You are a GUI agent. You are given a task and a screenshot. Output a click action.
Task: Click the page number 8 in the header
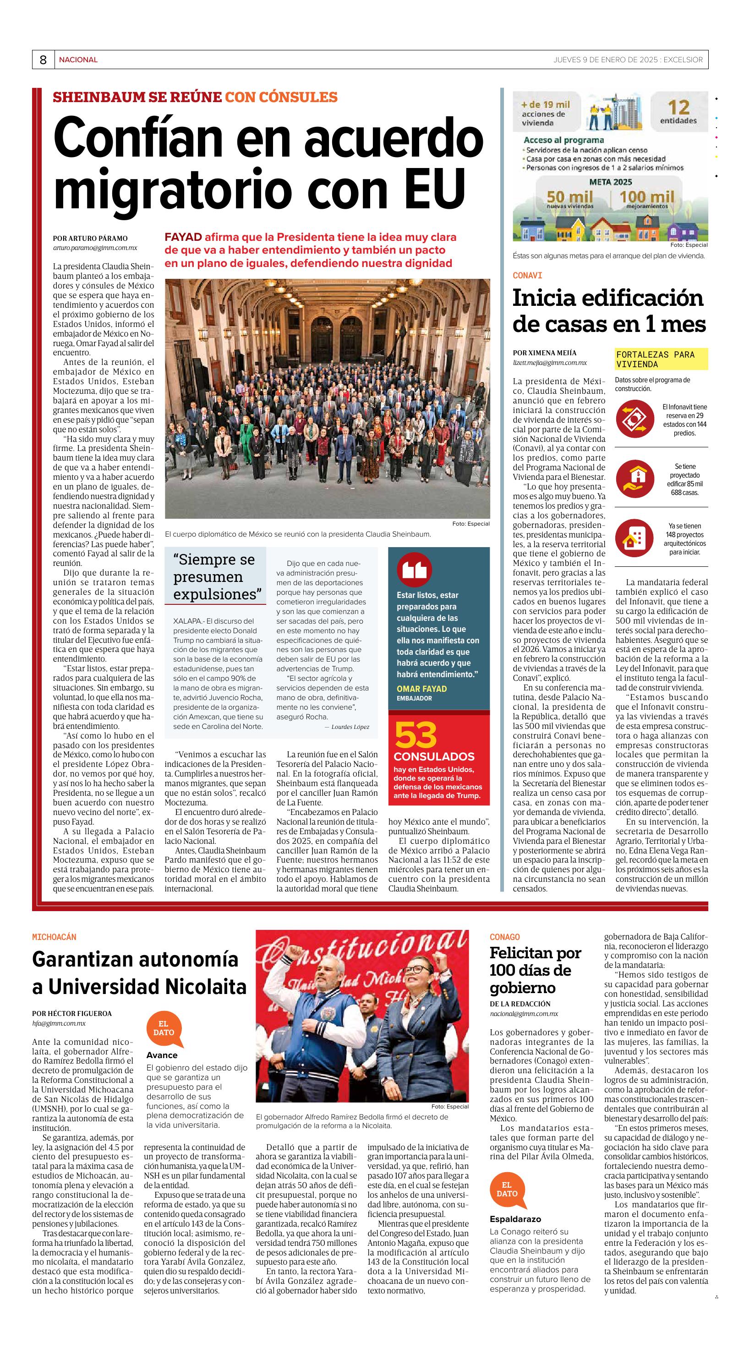[x=43, y=60]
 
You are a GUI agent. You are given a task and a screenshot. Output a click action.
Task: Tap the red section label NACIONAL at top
[x=78, y=60]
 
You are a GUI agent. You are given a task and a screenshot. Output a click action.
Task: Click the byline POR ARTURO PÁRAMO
[x=90, y=239]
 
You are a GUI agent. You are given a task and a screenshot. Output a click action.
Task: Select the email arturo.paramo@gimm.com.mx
[x=95, y=248]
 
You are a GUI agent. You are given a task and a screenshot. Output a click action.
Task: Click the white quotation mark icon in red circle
[x=414, y=570]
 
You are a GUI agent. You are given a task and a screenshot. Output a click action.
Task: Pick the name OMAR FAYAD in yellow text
[x=421, y=689]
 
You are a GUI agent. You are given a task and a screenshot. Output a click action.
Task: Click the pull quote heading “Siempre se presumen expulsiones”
[x=214, y=577]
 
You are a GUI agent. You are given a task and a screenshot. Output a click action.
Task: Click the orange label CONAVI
[x=527, y=276]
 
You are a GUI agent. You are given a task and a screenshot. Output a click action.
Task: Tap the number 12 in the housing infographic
[x=678, y=108]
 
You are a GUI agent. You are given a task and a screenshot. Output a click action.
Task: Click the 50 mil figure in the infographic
[x=570, y=197]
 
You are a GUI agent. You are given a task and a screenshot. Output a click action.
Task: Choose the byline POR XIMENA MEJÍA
[x=544, y=353]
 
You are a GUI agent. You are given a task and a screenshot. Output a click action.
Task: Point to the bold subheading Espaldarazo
[x=515, y=1219]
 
